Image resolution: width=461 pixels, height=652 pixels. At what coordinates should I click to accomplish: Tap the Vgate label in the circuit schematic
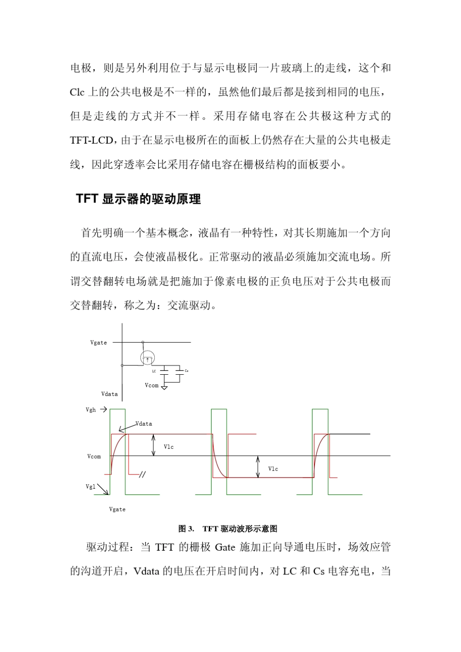coord(99,343)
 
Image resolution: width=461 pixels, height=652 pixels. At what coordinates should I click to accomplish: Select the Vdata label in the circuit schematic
coord(109,394)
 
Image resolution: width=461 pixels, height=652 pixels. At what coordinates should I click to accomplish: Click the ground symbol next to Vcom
coord(165,387)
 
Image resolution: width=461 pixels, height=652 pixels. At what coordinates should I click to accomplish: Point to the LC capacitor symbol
coord(164,371)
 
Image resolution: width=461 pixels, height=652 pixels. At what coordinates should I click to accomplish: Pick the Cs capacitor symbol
coord(179,371)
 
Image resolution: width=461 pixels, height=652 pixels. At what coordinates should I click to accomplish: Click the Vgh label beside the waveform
coord(91,410)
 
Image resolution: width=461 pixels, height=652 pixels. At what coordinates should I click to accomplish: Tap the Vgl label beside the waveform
coord(90,487)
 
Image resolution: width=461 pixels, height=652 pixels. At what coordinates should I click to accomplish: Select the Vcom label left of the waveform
coord(94,457)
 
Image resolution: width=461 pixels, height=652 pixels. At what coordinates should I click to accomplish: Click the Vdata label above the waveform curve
coord(144,424)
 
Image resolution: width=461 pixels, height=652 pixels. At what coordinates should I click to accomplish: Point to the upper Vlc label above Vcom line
coord(168,447)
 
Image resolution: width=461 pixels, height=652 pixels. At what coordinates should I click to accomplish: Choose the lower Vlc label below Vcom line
coord(273,469)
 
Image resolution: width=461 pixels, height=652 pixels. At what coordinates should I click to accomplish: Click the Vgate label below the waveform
coord(117,509)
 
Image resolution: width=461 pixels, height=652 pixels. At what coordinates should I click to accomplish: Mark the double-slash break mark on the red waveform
coord(142,475)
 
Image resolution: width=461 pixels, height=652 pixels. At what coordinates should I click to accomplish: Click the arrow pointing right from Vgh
coord(103,410)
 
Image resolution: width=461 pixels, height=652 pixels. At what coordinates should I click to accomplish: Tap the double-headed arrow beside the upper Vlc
coord(153,445)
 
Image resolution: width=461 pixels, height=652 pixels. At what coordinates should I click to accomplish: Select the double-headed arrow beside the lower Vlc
coord(258,467)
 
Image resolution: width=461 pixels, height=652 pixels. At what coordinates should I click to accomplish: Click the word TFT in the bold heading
coord(87,199)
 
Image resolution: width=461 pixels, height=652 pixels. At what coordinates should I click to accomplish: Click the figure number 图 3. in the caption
coord(186,528)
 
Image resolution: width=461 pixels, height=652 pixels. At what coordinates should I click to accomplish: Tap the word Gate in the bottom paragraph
coord(225,547)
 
